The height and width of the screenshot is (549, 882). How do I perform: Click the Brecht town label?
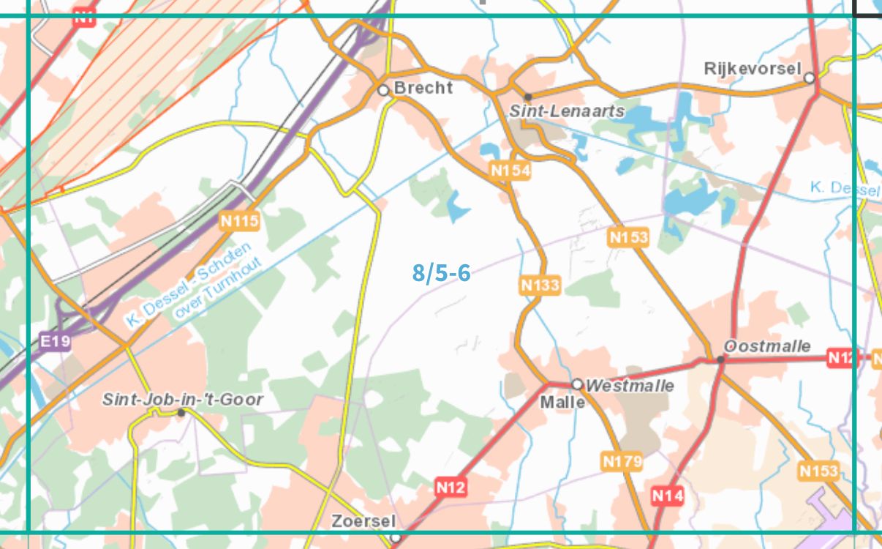tap(423, 88)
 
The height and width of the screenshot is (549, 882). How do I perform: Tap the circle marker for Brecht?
tap(383, 90)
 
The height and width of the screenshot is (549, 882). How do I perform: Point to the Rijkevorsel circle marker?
tap(809, 77)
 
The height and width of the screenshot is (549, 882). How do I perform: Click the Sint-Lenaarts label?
tap(567, 111)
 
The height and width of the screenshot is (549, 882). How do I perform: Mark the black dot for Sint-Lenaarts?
tap(527, 97)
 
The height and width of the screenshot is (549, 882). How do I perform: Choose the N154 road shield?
tap(510, 171)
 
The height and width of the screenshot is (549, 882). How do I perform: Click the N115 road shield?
tap(239, 219)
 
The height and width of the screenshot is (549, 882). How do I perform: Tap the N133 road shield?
tap(540, 285)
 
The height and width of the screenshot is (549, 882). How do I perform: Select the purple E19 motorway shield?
tap(56, 341)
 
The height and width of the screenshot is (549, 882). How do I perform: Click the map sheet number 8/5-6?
tap(441, 273)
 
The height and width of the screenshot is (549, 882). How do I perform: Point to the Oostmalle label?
tap(767, 346)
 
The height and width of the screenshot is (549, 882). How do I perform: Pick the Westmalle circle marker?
tap(577, 384)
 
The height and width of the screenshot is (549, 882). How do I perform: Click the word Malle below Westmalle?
tap(562, 403)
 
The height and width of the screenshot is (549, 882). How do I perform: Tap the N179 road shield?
tap(622, 461)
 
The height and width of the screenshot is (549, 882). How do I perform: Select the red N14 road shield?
tap(667, 496)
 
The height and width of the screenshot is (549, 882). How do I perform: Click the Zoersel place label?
tap(363, 521)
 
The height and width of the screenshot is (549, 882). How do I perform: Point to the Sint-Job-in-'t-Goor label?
tap(182, 400)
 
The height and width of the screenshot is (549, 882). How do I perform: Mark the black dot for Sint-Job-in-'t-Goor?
tap(181, 412)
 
